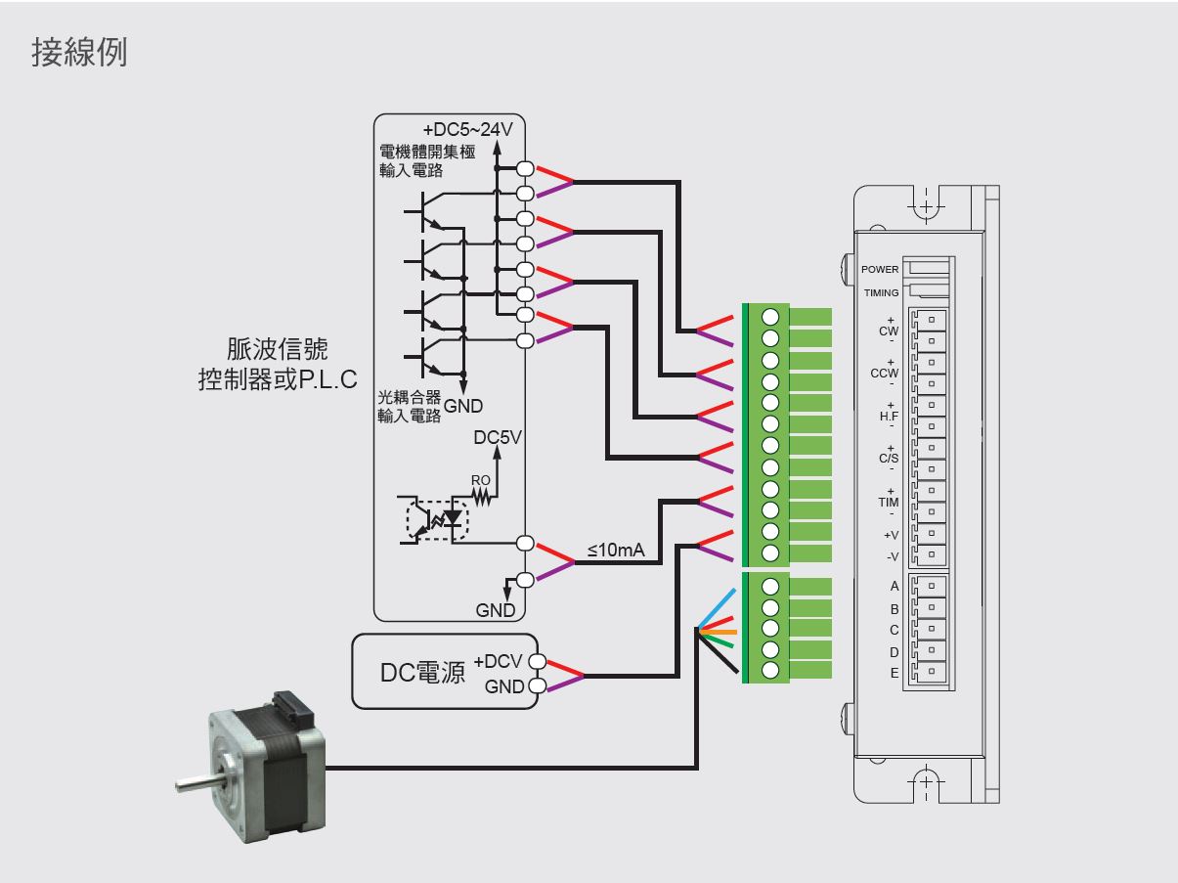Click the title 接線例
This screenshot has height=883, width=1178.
pyautogui.click(x=79, y=53)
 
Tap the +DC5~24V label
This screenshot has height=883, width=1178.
pyautogui.click(x=467, y=129)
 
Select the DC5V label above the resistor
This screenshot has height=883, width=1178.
pyautogui.click(x=498, y=437)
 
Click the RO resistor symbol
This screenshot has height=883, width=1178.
pyautogui.click(x=481, y=498)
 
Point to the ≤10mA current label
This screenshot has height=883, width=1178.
pyautogui.click(x=616, y=550)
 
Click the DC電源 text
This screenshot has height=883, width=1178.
pyautogui.click(x=422, y=673)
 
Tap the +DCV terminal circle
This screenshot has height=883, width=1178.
pyautogui.click(x=538, y=661)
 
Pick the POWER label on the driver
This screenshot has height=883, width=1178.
pyautogui.click(x=880, y=270)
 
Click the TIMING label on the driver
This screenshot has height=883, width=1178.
pyautogui.click(x=881, y=293)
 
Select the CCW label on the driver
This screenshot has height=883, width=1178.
pyautogui.click(x=884, y=374)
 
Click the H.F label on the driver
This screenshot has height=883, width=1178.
pyautogui.click(x=889, y=416)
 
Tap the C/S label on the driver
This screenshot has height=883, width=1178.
pyautogui.click(x=889, y=459)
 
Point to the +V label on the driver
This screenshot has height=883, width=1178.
pyautogui.click(x=891, y=535)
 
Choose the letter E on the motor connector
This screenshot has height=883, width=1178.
pyautogui.click(x=894, y=673)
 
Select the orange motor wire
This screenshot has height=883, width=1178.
pyautogui.click(x=719, y=633)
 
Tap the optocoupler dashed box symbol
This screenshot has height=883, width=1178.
pyautogui.click(x=437, y=520)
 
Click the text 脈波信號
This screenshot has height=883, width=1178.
pyautogui.click(x=277, y=349)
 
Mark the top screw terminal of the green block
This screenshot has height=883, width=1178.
pyautogui.click(x=770, y=317)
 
